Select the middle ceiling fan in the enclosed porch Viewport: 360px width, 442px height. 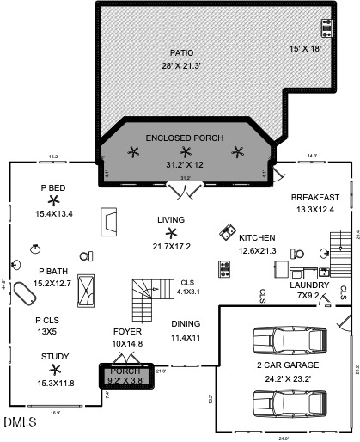click(185, 152)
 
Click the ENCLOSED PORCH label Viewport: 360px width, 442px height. click(185, 138)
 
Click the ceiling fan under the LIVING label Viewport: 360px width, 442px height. click(170, 233)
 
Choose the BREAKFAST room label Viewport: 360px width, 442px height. click(314, 198)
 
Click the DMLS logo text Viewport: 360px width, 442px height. click(20, 422)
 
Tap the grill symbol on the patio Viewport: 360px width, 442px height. click(327, 27)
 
